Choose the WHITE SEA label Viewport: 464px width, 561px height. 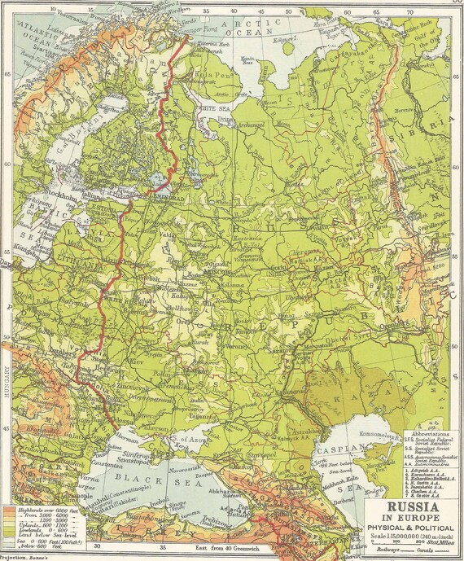pos(215,106)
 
